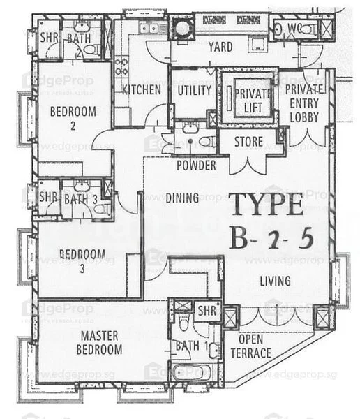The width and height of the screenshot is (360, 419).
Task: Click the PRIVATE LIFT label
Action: click(248, 101)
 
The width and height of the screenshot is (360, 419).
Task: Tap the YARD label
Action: click(220, 47)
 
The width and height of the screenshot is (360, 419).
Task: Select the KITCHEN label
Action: click(142, 90)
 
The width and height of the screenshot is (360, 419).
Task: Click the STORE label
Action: click(248, 143)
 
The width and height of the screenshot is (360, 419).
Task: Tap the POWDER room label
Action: click(195, 166)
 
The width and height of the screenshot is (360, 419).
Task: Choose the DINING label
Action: click(182, 198)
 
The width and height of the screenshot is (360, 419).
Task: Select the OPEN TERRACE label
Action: click(251, 346)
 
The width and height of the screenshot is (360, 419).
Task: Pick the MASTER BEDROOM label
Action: click(100, 342)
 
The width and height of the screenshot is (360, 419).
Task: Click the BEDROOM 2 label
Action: click(72, 118)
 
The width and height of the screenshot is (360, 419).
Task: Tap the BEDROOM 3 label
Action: click(82, 260)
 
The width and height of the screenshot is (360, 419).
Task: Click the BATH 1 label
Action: click(187, 345)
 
